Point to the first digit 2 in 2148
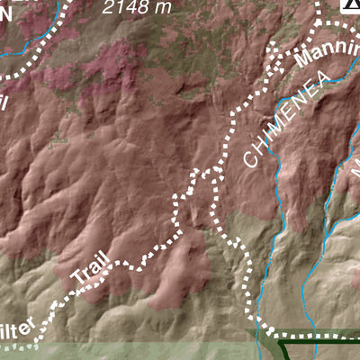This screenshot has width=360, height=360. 109,8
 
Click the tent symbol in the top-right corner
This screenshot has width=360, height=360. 351,5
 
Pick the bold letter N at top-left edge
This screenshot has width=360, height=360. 5,13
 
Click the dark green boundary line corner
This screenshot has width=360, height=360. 281,343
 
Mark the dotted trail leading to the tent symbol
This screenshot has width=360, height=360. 321,18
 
